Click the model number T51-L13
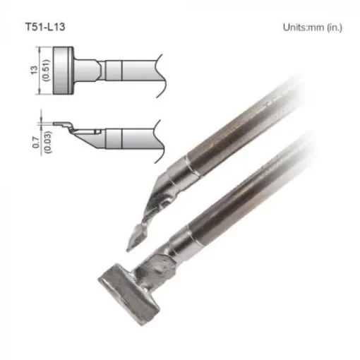pos(47,27)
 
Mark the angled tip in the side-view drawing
pos(71,129)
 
